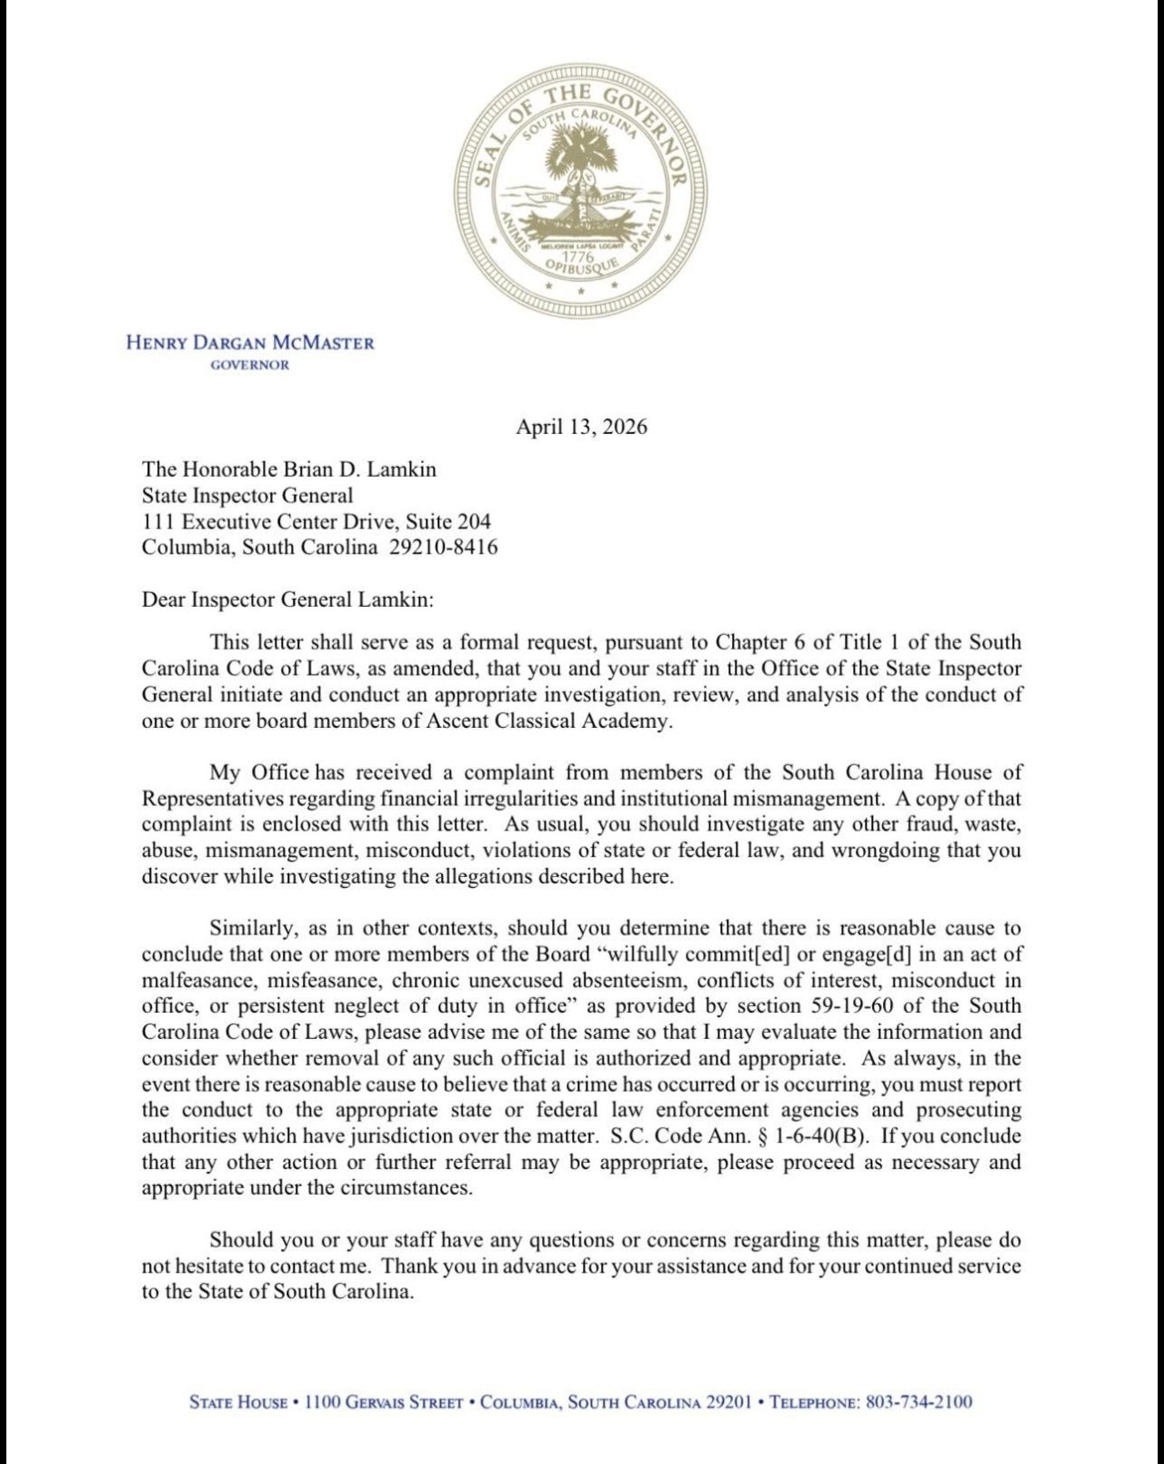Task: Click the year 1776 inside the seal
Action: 578,258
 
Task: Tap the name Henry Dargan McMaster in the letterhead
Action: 250,343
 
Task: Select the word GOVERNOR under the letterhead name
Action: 250,366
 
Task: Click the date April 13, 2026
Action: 581,427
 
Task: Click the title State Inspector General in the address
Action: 247,496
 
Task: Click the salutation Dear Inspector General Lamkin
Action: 287,600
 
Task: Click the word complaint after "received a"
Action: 508,772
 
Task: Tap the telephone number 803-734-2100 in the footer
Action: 918,1402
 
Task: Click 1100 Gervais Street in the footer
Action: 384,1402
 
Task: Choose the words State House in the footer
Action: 238,1402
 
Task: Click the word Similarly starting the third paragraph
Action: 252,928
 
